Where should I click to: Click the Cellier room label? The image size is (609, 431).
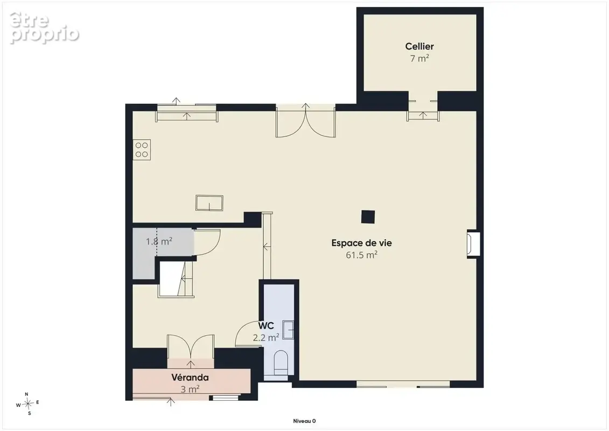pos(419,46)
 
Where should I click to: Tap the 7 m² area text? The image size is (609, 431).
pos(419,58)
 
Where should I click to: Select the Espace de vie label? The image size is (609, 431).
pos(362,243)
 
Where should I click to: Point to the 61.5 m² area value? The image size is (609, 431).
pos(362,255)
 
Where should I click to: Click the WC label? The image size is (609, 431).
pos(266,326)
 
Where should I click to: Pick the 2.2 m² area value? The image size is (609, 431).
pos(266,337)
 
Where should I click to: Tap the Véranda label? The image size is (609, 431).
pos(190,377)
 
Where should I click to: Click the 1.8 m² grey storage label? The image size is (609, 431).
pos(159,241)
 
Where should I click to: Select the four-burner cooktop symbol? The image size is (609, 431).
pos(142,150)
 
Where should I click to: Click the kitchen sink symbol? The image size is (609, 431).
pos(209,203)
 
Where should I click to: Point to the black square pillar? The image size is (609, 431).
pos(368,217)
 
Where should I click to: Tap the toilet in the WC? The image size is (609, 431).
pos(281,363)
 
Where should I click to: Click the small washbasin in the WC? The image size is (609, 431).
pos(288,330)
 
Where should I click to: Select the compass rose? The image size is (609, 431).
pos(27,404)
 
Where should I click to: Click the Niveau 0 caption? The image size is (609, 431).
pos(304,421)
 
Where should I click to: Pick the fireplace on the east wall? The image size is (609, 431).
pos(473,245)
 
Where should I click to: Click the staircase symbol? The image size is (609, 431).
pos(177,279)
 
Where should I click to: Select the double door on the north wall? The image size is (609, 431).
pos(306,121)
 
